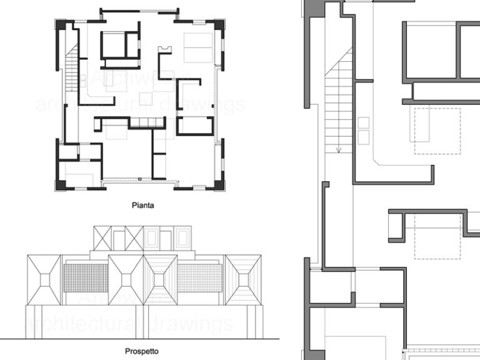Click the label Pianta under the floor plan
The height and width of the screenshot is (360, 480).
point(142,204)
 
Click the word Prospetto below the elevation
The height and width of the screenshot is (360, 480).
point(141,351)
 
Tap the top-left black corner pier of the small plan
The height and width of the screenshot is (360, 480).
point(61,24)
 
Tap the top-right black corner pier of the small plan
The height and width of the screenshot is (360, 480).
point(219,24)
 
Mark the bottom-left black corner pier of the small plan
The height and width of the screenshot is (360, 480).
point(60,185)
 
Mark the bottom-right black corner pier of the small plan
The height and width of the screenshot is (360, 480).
point(219,185)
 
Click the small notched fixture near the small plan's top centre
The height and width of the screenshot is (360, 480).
point(165,49)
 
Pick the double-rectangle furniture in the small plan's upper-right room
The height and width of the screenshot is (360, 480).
point(197,47)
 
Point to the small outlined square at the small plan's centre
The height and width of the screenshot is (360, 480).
point(145,98)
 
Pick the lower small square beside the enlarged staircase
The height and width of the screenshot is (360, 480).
point(363,137)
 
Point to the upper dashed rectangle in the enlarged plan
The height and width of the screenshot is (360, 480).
point(437,131)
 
